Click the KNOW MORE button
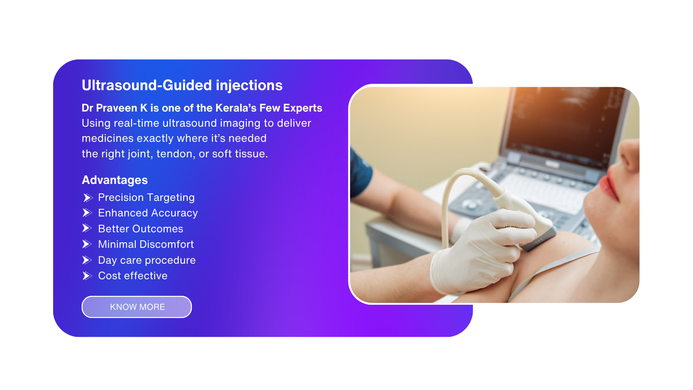(x=137, y=307)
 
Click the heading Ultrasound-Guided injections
(x=182, y=85)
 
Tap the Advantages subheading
(x=115, y=180)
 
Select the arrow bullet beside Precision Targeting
(x=87, y=198)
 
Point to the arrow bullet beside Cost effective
(x=87, y=276)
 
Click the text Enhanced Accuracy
(x=148, y=213)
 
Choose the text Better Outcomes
(x=141, y=229)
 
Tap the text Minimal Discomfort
(x=146, y=244)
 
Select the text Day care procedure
(x=147, y=260)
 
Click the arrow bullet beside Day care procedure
(x=87, y=260)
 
